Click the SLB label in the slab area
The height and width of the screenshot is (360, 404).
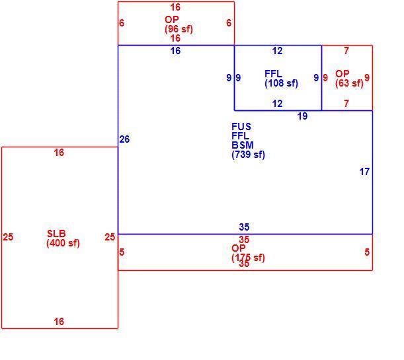point(56,234)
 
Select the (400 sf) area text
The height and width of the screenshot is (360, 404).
point(63,243)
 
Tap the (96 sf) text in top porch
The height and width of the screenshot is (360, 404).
point(179,29)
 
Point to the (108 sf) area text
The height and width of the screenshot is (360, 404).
point(281,83)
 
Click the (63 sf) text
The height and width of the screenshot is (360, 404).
point(349,83)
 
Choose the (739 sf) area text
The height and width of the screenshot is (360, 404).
point(248,155)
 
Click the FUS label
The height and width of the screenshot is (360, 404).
point(241,127)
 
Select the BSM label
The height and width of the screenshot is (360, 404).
point(243,145)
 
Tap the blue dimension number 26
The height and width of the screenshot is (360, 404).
point(124,139)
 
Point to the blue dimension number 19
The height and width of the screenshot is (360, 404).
point(302,116)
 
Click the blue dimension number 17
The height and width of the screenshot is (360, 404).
point(364,172)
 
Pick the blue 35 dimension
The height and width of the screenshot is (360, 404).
point(244,227)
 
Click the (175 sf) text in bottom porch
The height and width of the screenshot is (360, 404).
point(248,258)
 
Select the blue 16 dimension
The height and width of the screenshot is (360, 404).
point(175,51)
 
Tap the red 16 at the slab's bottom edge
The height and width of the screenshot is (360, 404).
point(59,322)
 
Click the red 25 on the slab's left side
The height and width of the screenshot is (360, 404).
point(8,237)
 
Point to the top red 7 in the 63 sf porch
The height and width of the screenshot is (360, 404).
point(346,51)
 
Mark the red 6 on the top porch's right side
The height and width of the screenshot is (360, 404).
point(229,23)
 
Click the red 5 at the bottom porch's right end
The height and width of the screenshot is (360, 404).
point(367,252)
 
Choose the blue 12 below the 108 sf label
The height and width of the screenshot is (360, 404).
point(277,104)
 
